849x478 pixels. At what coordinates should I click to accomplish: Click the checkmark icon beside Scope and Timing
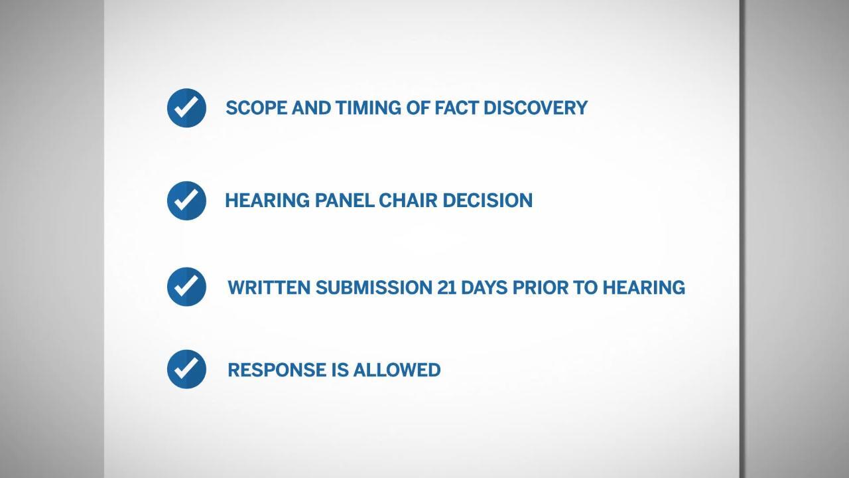[186, 108]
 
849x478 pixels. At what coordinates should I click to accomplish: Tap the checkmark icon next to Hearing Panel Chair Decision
[186, 200]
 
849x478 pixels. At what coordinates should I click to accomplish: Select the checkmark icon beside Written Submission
[186, 287]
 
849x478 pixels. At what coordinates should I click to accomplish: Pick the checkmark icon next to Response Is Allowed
[186, 369]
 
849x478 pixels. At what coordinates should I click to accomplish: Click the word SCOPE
[257, 108]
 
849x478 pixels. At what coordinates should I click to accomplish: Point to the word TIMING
[368, 108]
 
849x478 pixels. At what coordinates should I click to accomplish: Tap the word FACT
[456, 108]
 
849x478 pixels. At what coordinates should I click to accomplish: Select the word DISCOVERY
[535, 108]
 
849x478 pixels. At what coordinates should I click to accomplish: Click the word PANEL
[345, 200]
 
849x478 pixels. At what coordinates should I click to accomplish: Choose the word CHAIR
[408, 200]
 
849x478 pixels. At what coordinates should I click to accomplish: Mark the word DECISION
[488, 200]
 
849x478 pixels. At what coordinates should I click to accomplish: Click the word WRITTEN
[269, 287]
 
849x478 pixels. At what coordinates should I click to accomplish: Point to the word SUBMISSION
[373, 287]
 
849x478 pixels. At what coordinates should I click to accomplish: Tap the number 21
[446, 287]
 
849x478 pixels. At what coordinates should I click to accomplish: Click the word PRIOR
[541, 287]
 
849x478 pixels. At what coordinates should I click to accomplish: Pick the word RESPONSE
[277, 370]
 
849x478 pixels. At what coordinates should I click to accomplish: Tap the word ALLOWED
[397, 370]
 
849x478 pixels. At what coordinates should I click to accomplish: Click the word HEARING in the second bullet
[267, 200]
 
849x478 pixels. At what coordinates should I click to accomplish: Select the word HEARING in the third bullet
[644, 287]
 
